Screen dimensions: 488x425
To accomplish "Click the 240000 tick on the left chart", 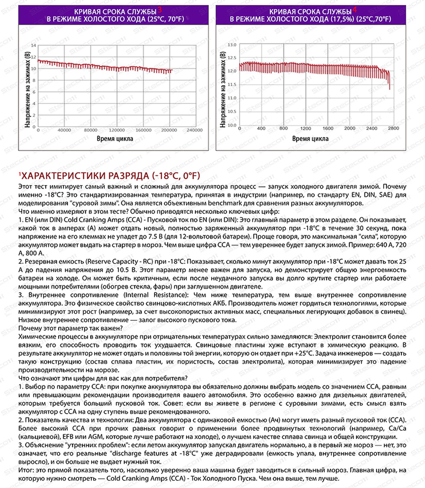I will [x=195, y=130].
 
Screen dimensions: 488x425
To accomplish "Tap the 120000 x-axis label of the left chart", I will [x=117, y=130].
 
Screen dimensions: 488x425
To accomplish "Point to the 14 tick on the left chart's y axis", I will [x=34, y=45].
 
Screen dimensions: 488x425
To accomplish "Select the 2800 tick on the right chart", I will [x=394, y=128].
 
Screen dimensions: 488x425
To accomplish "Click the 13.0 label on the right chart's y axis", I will [x=232, y=45].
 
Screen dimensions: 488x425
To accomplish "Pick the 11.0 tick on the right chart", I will [x=232, y=98].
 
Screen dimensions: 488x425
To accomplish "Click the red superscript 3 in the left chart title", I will [x=160, y=10].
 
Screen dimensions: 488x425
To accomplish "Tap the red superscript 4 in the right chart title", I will [x=355, y=10].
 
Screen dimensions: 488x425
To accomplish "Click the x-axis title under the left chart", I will [x=115, y=139].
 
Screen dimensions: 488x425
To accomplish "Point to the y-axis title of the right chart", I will [x=223, y=89].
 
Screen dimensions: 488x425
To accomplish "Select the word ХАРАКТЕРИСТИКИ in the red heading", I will [x=63, y=176].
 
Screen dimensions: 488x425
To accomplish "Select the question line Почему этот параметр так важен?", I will [x=70, y=328].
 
